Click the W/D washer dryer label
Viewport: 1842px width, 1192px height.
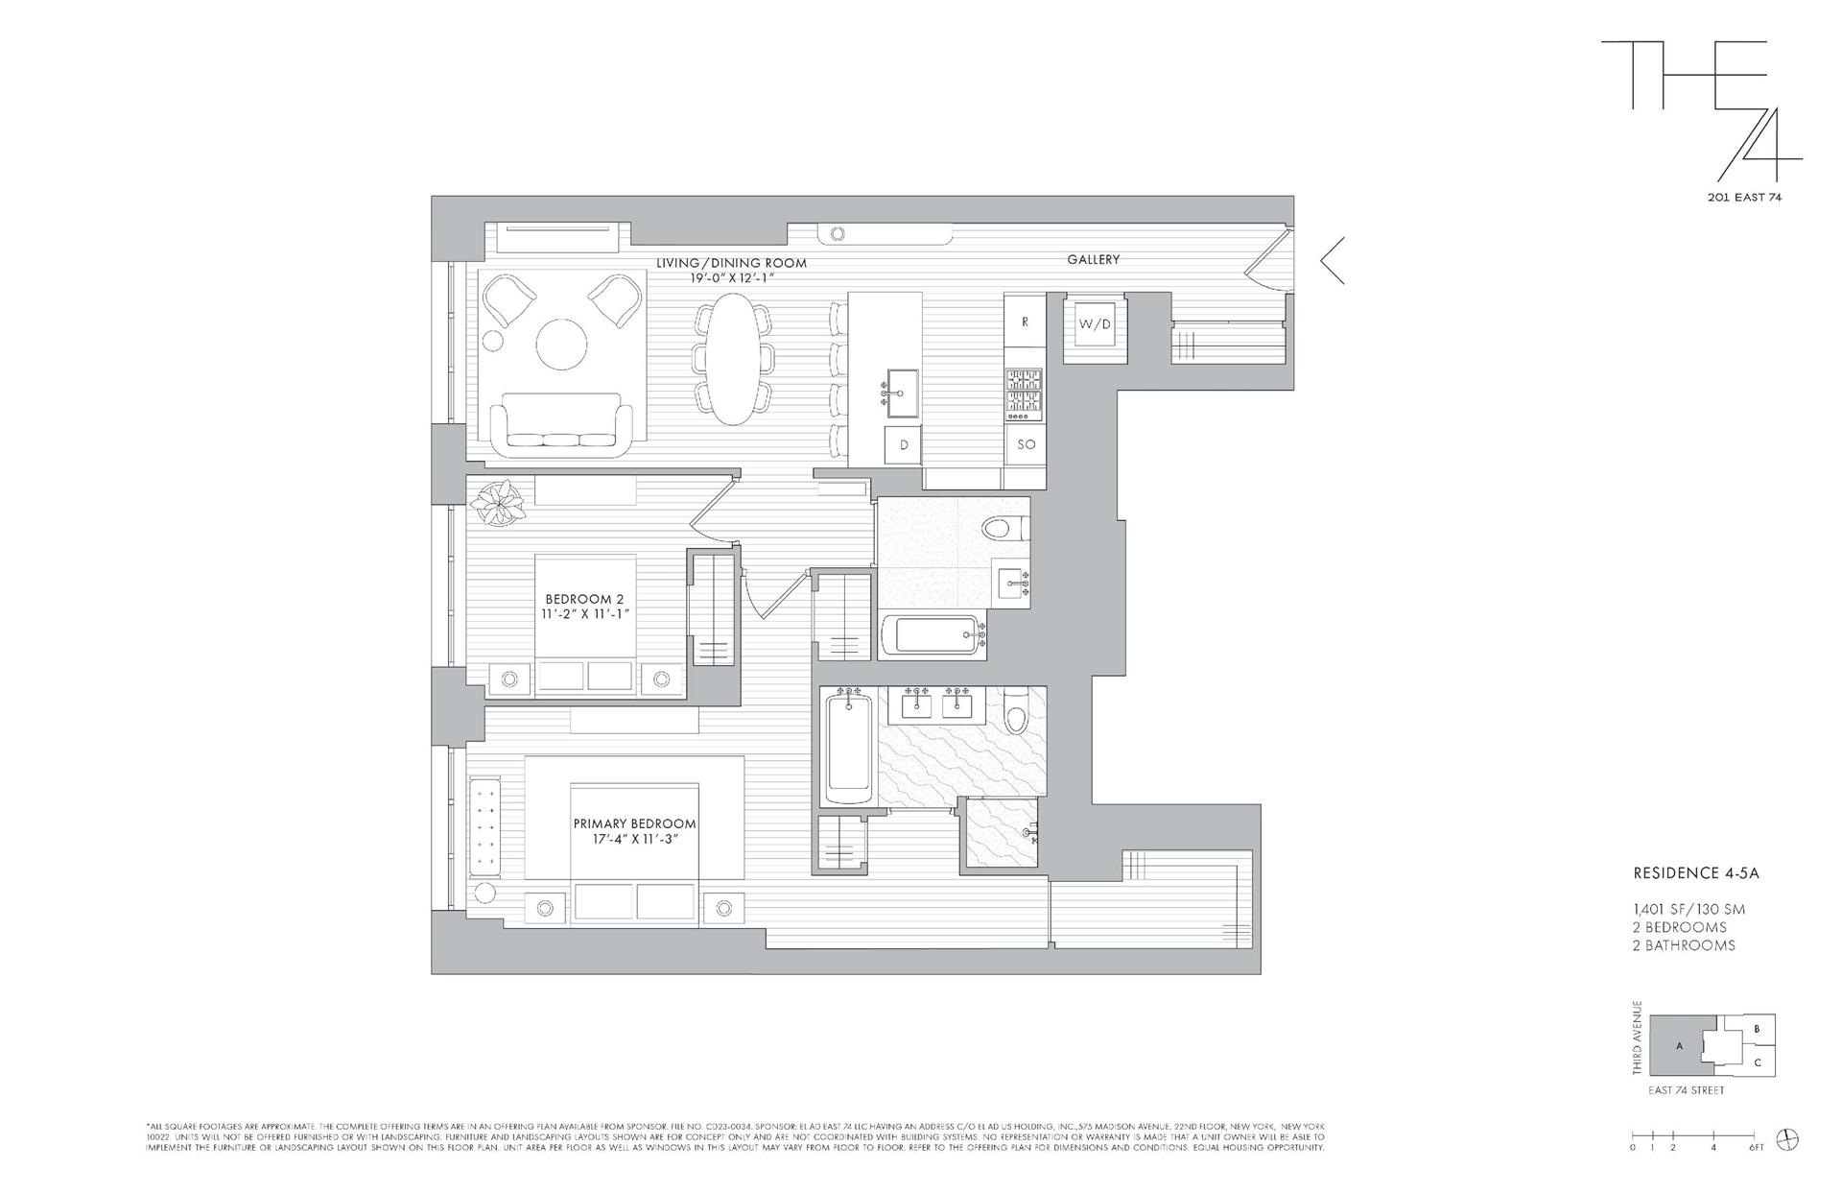point(1095,324)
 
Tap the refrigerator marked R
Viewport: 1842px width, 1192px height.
point(1025,322)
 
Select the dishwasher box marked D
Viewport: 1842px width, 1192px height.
point(903,445)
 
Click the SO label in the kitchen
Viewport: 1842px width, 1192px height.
point(1026,444)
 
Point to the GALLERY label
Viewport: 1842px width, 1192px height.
point(1093,259)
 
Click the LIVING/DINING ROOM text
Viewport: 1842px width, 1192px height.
point(731,263)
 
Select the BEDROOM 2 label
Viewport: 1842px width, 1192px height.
point(584,600)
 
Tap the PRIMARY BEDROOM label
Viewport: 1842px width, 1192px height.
point(634,823)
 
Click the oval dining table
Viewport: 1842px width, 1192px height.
point(733,358)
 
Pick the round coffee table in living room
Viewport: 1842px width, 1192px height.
point(560,345)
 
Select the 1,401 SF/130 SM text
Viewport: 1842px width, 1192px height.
point(1688,909)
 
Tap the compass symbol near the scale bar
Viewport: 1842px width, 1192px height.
point(1788,1139)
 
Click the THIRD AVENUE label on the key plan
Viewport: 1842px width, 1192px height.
point(1638,1037)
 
